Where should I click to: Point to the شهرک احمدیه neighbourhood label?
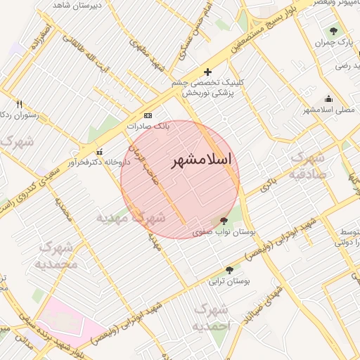pos(211,318)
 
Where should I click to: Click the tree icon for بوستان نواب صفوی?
pos(224,221)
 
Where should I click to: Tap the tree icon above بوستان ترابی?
pos(230,270)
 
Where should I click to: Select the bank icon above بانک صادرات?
pos(148,115)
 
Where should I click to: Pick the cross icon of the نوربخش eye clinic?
pos(207,72)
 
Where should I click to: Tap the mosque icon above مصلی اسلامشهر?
pos(329,99)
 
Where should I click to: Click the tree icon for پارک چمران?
pos(333,31)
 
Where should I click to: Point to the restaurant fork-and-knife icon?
pos(19,104)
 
